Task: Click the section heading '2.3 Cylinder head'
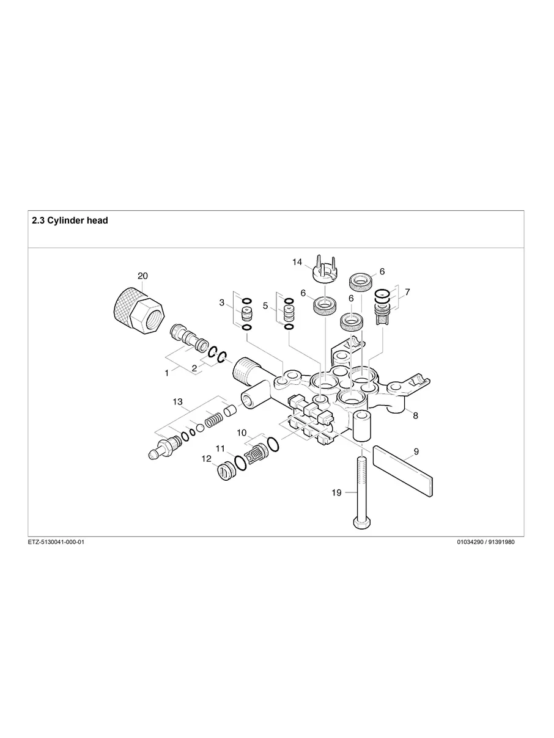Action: pos(70,221)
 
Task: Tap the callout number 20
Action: pos(142,276)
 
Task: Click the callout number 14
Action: pos(297,262)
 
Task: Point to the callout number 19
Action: pos(336,493)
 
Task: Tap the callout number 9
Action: pos(416,451)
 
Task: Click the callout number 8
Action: pos(415,416)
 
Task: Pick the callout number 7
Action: pos(407,292)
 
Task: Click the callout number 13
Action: pos(177,401)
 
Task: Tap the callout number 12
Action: pos(206,458)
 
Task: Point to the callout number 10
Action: pos(242,433)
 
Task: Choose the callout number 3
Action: pos(222,302)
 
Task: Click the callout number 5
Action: pos(265,305)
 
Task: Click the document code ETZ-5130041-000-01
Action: pos(56,542)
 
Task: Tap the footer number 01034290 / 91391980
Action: pos(486,542)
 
